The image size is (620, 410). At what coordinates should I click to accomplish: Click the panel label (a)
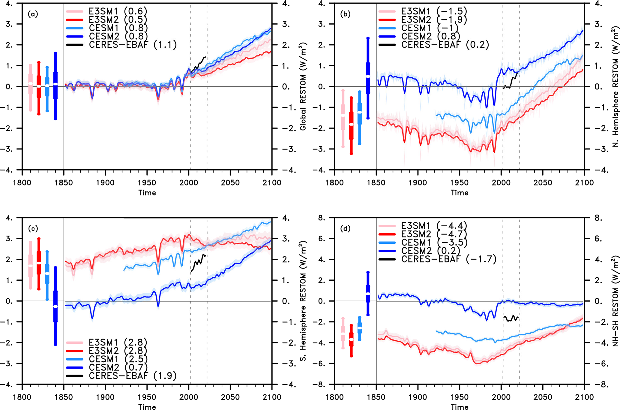33,14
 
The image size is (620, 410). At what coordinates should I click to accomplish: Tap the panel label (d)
345,229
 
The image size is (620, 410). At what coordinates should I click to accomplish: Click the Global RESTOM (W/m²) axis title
303,86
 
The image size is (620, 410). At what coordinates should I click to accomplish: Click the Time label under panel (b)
459,193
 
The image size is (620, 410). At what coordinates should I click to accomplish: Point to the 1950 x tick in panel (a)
147,183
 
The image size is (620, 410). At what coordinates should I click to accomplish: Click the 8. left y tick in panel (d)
321,218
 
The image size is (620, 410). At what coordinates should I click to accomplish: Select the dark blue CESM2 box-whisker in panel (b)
368,78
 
